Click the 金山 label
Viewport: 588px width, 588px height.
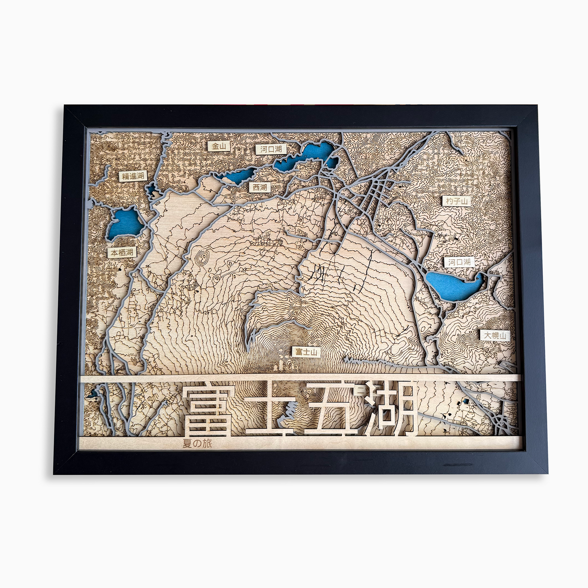point(219,146)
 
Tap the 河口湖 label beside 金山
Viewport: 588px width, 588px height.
point(271,149)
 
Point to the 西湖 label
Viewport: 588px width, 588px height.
point(260,187)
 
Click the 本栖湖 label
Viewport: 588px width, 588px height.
point(122,252)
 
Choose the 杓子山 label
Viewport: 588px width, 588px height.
point(457,201)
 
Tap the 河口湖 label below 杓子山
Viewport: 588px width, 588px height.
point(459,262)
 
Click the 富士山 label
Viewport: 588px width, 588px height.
point(306,352)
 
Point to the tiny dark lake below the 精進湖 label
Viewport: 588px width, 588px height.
point(151,189)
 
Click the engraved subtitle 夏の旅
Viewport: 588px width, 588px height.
point(197,443)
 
